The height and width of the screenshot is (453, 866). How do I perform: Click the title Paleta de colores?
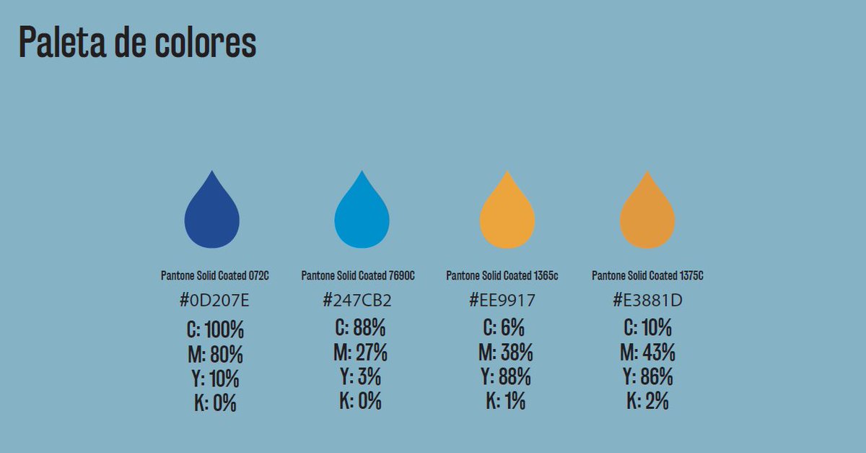coord(137,42)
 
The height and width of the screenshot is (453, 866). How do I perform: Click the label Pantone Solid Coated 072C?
coord(214,276)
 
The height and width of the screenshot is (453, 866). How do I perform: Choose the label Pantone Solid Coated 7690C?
coord(358,276)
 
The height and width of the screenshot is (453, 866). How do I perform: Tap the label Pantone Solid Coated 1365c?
coord(502,276)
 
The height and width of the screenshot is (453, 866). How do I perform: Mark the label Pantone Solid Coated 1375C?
coord(647,276)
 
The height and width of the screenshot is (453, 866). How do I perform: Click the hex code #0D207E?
coord(214,301)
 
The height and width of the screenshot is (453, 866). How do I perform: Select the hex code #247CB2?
coord(357,301)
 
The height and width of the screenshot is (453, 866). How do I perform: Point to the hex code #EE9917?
coord(502,301)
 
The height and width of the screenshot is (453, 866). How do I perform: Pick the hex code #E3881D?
coord(647,301)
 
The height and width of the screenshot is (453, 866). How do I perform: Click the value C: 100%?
coord(215,329)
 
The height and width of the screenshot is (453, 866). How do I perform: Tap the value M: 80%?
coord(215,354)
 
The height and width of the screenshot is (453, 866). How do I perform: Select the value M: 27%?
coord(360,353)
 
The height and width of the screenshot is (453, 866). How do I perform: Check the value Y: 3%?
coord(360,376)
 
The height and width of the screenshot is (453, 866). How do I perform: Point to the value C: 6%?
coord(504,327)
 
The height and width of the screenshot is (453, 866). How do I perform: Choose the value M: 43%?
coord(647,353)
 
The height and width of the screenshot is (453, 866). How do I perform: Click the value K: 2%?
coord(647,401)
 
